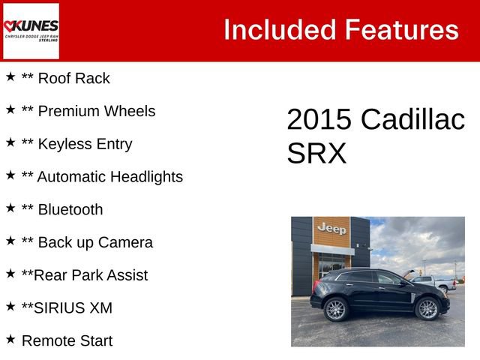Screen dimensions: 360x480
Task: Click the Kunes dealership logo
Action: (31, 31)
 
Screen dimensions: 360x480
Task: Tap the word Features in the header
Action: (401, 30)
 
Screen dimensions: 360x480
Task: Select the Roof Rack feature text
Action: (73, 78)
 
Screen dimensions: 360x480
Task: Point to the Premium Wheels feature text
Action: (96, 111)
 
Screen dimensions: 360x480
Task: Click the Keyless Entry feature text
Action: (85, 144)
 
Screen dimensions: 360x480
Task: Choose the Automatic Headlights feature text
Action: (109, 177)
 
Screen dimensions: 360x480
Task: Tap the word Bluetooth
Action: (70, 210)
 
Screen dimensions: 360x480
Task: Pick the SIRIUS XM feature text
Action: (74, 307)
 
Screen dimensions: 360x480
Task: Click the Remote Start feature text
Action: (67, 340)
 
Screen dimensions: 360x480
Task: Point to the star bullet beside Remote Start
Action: (10, 339)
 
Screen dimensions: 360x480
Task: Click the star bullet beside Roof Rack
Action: (10, 76)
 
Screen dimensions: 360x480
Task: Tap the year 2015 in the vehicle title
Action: (319, 120)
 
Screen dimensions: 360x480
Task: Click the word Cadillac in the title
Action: (412, 120)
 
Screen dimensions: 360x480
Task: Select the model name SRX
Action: (316, 153)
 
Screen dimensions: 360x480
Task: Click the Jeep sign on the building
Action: (331, 228)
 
